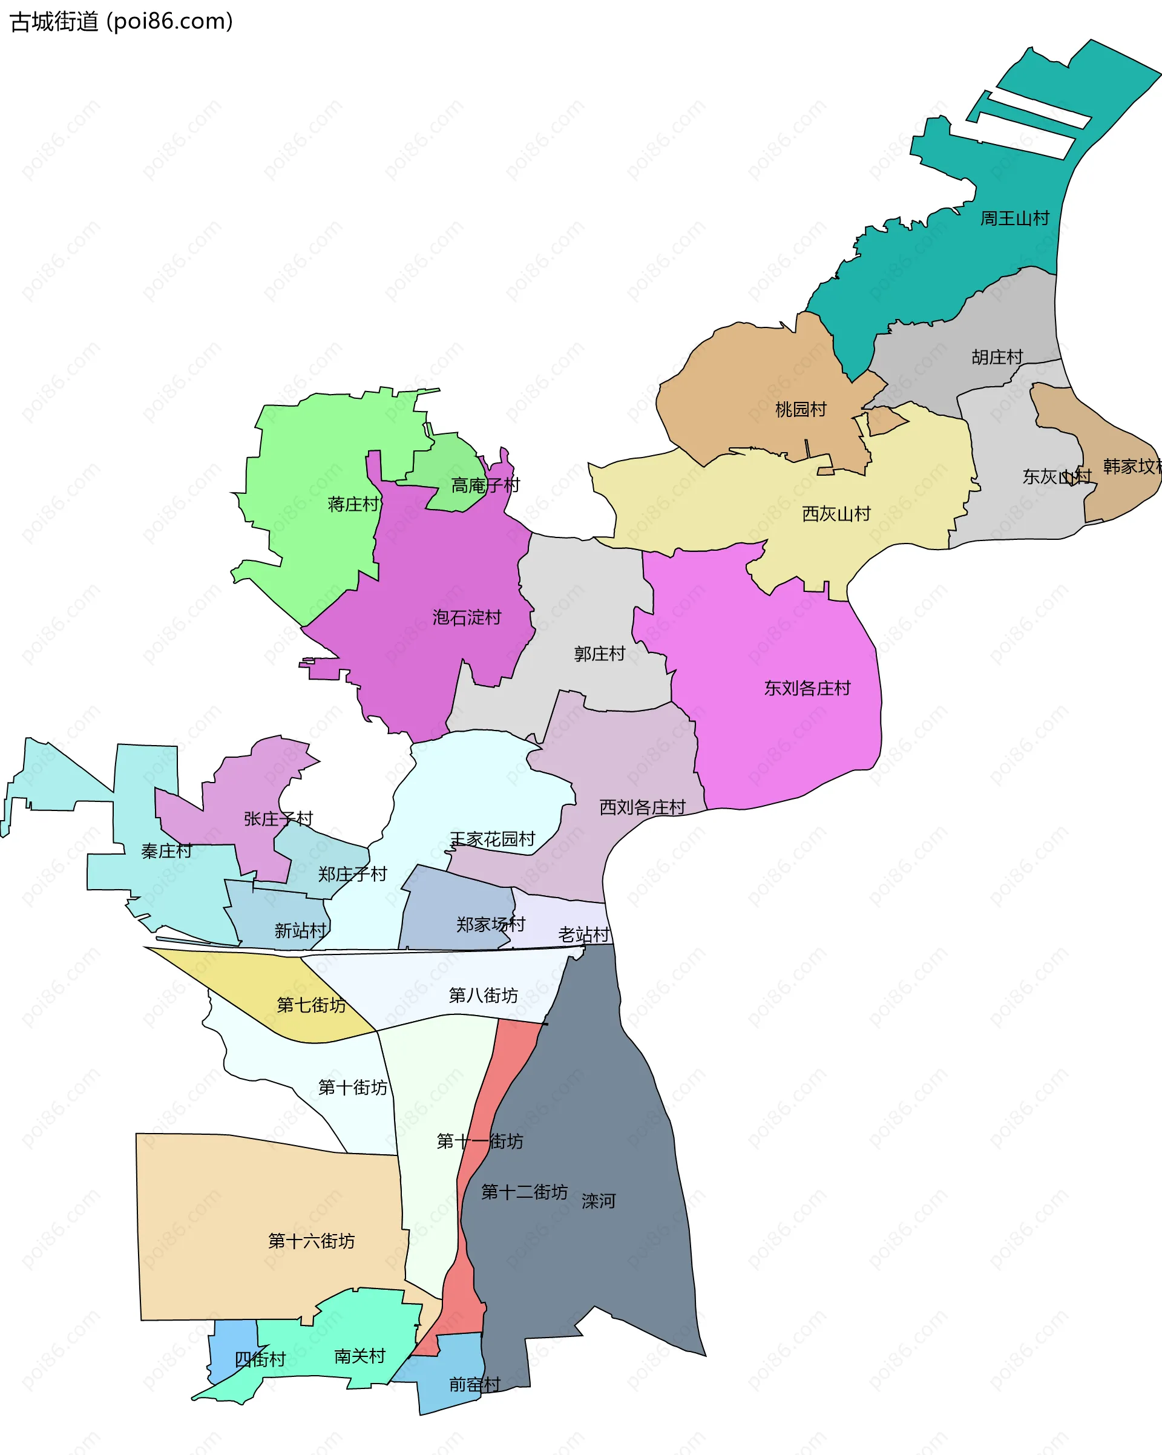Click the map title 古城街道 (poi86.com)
click(122, 22)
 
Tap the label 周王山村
click(1014, 218)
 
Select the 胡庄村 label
click(997, 357)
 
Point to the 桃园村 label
click(800, 410)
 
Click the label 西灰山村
click(836, 514)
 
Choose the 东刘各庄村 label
click(807, 688)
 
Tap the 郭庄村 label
click(599, 654)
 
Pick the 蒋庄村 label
click(353, 504)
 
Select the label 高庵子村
click(485, 485)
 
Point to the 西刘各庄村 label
click(642, 807)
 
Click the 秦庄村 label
click(166, 851)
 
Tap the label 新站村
click(300, 931)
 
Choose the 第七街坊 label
click(311, 1005)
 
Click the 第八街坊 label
click(483, 996)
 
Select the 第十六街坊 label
click(311, 1241)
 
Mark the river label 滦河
click(599, 1201)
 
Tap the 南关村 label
click(359, 1356)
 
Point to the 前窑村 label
click(474, 1385)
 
